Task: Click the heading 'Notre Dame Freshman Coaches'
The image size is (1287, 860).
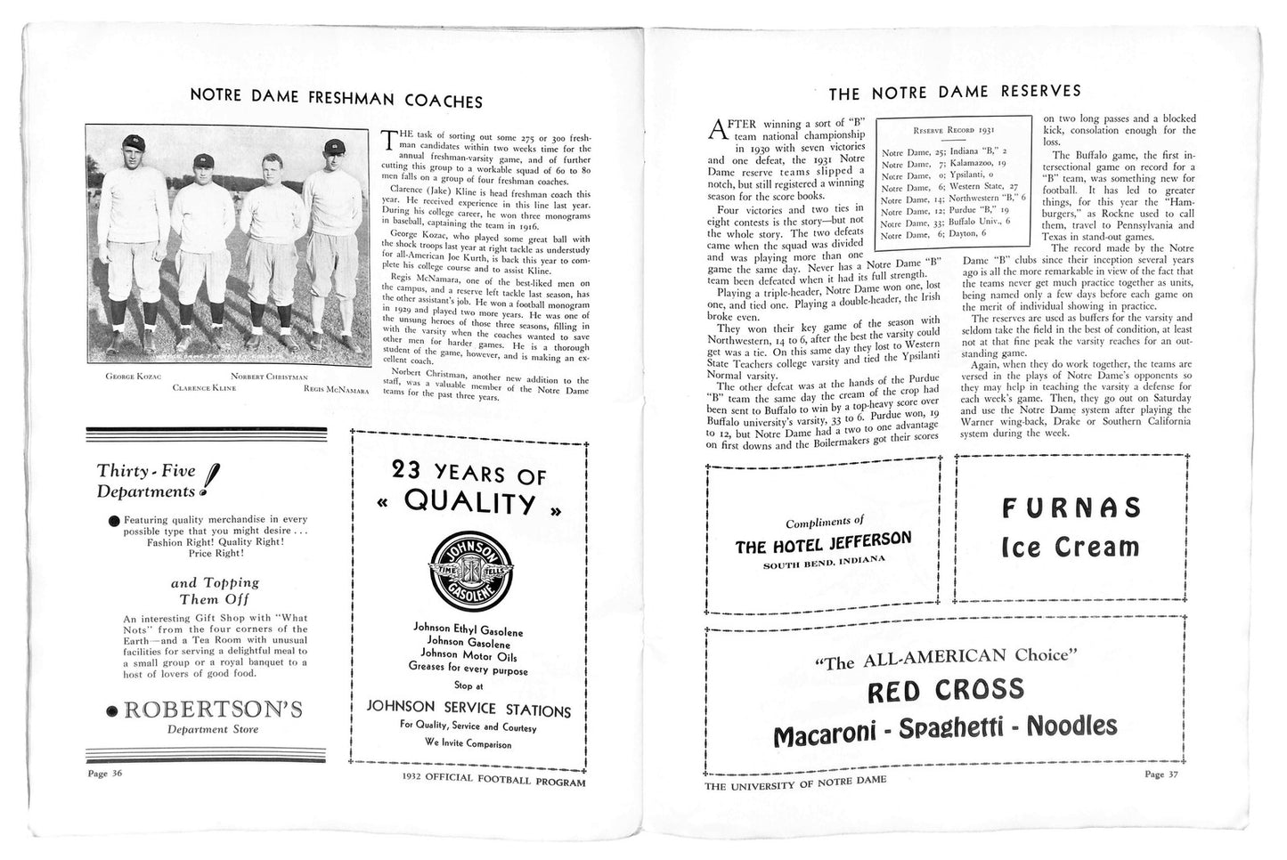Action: pos(336,101)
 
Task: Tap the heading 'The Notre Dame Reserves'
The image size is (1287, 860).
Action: pos(955,91)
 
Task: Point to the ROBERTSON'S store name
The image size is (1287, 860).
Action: pos(213,710)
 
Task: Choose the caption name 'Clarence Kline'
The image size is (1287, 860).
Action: pos(204,388)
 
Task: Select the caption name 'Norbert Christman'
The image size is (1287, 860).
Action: pos(269,377)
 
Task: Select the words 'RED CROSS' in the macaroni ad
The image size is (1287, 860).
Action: pos(946,689)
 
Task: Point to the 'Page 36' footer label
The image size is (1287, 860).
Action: pos(104,773)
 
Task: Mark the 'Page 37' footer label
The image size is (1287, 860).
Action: pos(1166,773)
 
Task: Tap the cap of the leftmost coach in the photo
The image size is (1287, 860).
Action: pos(133,143)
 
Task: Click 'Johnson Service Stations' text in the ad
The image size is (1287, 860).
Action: pos(468,710)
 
